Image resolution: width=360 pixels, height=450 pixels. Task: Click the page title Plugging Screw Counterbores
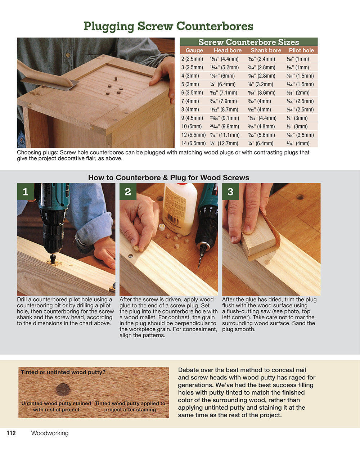click(168, 26)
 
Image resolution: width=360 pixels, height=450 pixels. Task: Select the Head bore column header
click(228, 50)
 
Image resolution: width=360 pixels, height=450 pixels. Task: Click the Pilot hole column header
click(301, 50)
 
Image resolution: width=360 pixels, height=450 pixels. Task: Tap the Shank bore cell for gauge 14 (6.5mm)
click(261, 143)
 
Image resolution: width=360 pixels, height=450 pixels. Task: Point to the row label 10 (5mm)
click(192, 126)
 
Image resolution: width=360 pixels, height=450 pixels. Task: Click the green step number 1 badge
click(25, 192)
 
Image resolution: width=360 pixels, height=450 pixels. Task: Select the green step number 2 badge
click(128, 192)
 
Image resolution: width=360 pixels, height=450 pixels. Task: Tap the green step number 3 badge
click(230, 192)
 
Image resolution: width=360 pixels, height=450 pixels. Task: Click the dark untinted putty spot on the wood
click(63, 390)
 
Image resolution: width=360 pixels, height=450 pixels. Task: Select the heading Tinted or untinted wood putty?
click(63, 372)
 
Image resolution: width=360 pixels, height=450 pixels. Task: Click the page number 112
click(11, 433)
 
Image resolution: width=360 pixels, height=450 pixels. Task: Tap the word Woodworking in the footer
click(50, 433)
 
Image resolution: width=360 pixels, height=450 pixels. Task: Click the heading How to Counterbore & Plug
click(168, 177)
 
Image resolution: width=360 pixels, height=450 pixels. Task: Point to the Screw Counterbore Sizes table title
click(248, 42)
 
